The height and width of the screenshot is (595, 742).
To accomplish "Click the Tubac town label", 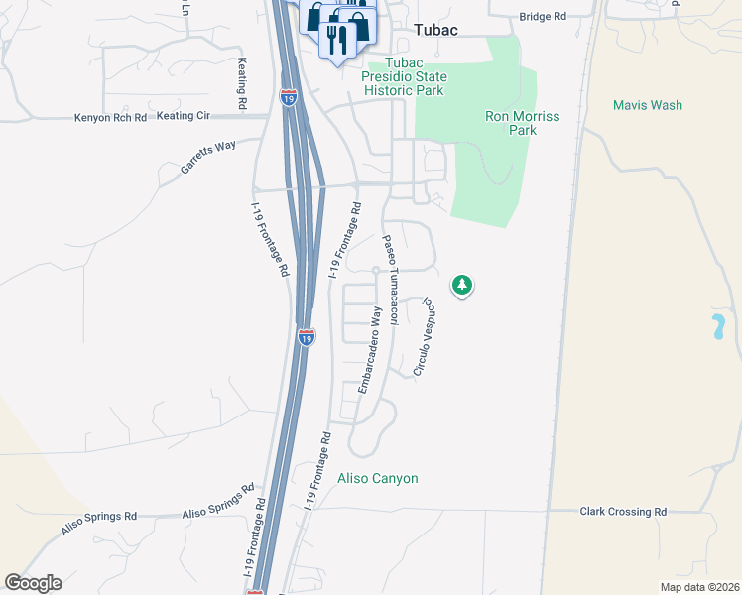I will [x=435, y=30].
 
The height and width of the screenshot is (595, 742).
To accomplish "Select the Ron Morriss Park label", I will [x=523, y=123].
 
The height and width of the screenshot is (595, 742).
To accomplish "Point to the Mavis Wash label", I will [x=647, y=105].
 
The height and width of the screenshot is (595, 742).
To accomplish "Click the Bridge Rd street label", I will [x=544, y=17].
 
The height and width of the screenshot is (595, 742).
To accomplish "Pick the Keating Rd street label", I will [x=242, y=82].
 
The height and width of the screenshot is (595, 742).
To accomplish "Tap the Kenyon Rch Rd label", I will [x=110, y=117].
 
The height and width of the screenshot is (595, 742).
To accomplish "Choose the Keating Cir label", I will [x=183, y=116].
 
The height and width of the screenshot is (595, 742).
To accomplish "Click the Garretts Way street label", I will [x=208, y=158].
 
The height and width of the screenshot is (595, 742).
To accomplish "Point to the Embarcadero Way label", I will [x=369, y=349].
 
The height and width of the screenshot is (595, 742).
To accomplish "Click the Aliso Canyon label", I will [x=378, y=478].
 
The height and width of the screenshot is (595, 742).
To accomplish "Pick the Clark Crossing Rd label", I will [x=623, y=512].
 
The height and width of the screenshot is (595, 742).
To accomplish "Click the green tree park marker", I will [x=461, y=286].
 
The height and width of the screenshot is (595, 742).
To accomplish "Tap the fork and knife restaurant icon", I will [x=339, y=38].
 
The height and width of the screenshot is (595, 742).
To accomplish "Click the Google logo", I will [x=33, y=583].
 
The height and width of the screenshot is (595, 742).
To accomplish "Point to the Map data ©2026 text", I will [x=698, y=586].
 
